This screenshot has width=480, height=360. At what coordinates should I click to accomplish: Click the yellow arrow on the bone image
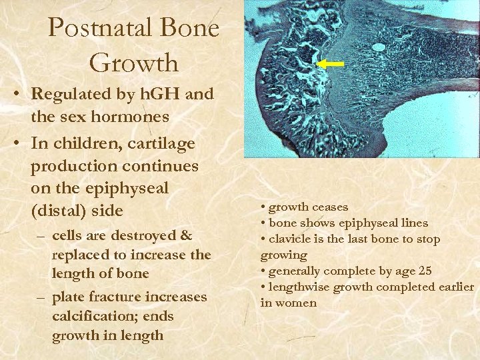click(x=329, y=64)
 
